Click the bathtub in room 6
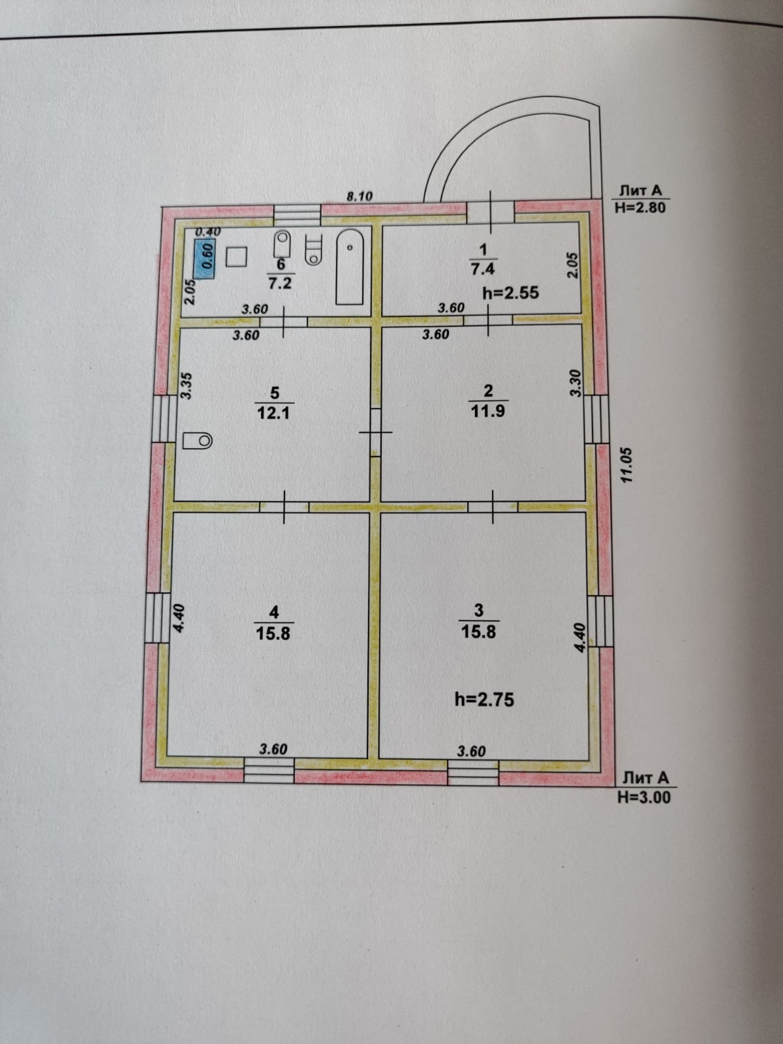point(350,268)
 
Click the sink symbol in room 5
point(198,440)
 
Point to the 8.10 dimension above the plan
point(359,195)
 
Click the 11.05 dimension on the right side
point(627,465)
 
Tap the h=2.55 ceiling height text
point(510,292)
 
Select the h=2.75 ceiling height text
point(484,699)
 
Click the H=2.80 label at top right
point(639,208)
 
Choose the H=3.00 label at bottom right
point(644,796)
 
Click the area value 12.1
point(274,413)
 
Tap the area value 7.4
point(483,269)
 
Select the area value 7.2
point(281,283)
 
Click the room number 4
point(274,612)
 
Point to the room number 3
point(479,611)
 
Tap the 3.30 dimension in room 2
point(575,383)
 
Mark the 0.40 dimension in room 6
point(208,231)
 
